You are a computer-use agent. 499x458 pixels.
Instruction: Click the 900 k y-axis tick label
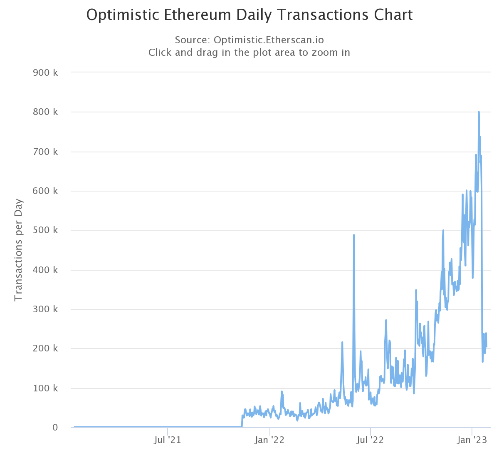[x=45, y=73]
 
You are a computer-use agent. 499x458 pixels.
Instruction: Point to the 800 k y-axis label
[x=45, y=112]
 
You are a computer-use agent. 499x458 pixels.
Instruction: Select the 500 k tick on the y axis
[x=45, y=230]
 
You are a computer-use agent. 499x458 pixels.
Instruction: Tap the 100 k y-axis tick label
[x=45, y=388]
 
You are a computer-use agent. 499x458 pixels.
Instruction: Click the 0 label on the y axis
[x=55, y=428]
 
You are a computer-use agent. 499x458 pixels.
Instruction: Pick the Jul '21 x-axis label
[x=167, y=440]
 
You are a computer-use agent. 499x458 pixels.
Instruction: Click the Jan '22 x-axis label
[x=269, y=440]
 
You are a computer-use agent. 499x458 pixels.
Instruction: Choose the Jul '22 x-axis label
[x=370, y=440]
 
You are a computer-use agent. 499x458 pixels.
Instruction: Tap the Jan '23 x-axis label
[x=472, y=440]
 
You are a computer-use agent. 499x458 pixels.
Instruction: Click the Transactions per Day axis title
[x=18, y=250]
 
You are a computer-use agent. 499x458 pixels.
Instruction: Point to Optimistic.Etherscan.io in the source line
[x=269, y=40]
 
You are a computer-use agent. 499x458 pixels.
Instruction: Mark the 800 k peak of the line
[x=479, y=112]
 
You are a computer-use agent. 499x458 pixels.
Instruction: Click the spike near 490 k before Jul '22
[x=353, y=235]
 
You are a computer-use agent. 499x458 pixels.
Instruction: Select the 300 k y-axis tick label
[x=45, y=309]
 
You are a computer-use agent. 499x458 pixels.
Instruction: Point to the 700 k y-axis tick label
[x=45, y=152]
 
